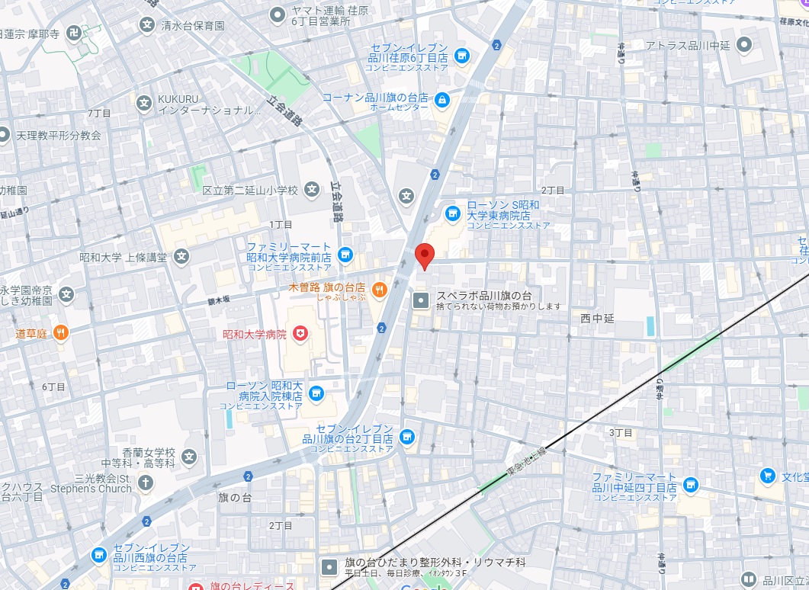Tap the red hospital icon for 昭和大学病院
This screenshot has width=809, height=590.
[x=302, y=334]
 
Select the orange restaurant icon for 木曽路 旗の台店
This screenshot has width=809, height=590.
[x=380, y=289]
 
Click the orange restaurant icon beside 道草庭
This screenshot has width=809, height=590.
[x=62, y=332]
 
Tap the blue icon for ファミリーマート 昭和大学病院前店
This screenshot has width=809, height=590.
[x=345, y=253]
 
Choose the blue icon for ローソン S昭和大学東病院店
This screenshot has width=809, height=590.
[x=452, y=211]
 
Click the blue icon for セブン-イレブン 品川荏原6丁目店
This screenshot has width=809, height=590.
[x=461, y=56]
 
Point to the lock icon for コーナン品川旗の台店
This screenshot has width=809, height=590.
[x=442, y=98]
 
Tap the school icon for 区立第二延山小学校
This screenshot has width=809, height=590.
[x=312, y=189]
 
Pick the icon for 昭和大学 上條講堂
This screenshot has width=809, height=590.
[x=181, y=257]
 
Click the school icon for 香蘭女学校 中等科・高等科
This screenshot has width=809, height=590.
[x=189, y=457]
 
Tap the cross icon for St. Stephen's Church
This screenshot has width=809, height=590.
[x=145, y=483]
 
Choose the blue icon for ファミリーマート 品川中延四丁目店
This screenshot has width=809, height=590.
[x=691, y=483]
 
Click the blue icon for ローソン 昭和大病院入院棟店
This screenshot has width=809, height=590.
[x=317, y=393]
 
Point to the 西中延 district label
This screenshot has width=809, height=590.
[x=597, y=318]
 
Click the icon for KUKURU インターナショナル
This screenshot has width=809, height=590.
[x=143, y=102]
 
